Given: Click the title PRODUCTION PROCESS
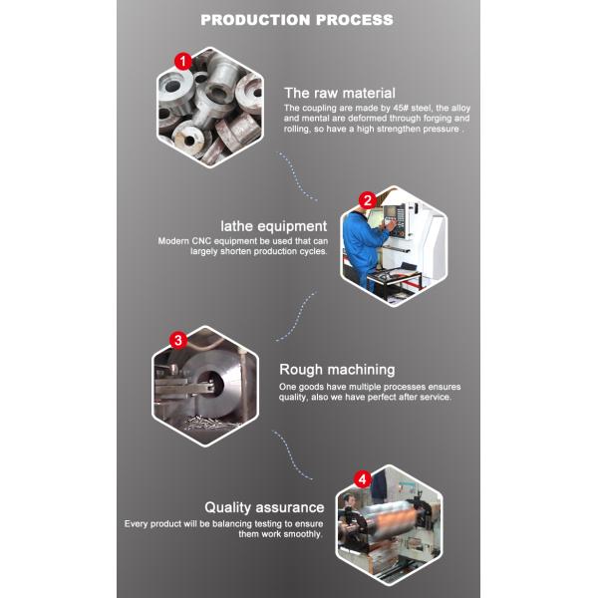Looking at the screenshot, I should click(x=297, y=19).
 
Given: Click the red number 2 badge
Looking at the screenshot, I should click(x=367, y=199).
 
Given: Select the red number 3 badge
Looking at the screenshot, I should click(x=178, y=340).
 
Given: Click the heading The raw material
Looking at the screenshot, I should click(x=339, y=93).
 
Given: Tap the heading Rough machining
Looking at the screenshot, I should click(x=337, y=369).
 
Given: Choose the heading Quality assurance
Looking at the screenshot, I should click(x=264, y=507).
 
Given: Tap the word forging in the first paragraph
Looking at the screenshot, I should click(x=427, y=119).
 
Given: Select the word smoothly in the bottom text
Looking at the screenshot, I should click(x=301, y=534).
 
